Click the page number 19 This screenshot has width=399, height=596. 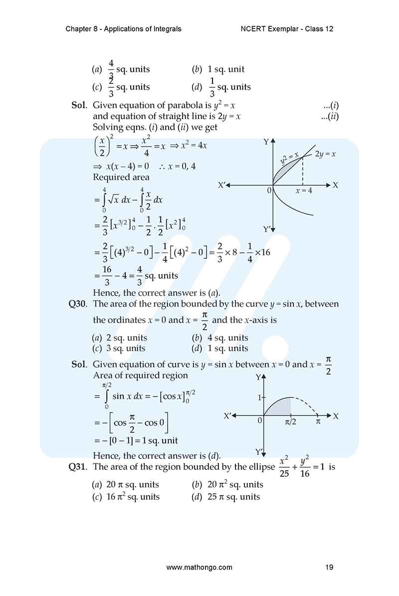click(329, 567)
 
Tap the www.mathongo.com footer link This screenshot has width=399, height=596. click(199, 567)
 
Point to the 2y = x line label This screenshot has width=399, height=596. click(325, 155)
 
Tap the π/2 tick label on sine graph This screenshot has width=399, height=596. click(290, 422)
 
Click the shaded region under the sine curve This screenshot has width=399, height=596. click(281, 406)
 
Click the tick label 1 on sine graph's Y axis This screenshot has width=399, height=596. click(259, 397)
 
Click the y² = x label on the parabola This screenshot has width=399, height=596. click(289, 158)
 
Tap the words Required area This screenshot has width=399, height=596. click(121, 177)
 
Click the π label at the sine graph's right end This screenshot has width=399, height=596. click(318, 422)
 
